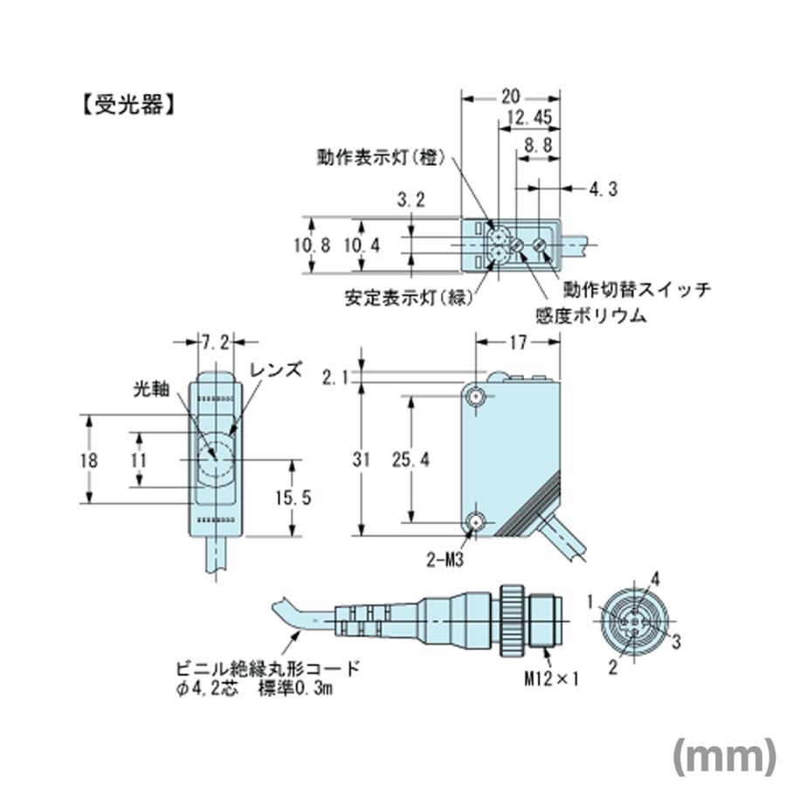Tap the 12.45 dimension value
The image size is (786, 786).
[528, 119]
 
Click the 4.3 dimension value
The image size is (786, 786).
[603, 187]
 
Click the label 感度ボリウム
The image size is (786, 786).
[591, 314]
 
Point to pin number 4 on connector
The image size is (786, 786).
[654, 576]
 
